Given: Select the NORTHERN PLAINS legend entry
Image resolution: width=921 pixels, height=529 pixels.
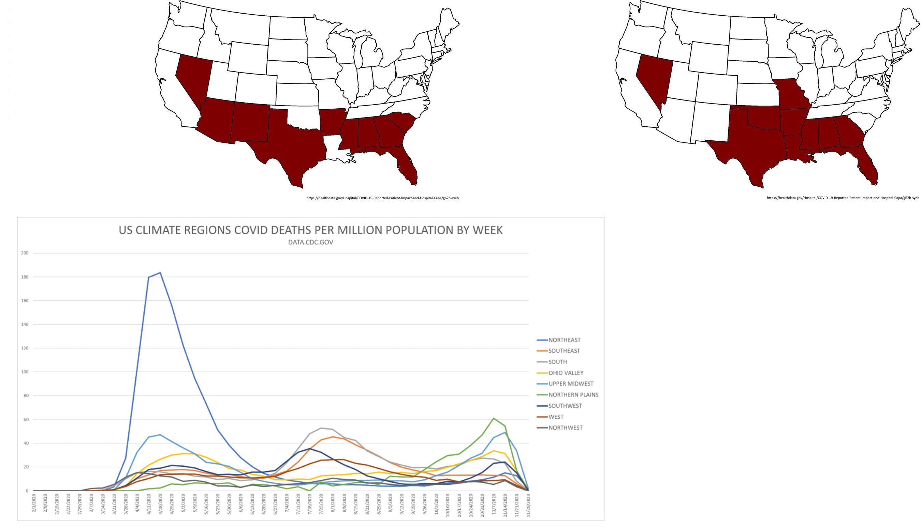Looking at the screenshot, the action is tap(568, 394).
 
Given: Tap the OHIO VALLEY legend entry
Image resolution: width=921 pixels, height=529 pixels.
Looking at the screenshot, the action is tap(560, 373).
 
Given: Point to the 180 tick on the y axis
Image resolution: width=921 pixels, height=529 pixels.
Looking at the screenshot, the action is tap(25, 277).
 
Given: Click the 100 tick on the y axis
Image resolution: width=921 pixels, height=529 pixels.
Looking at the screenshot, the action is tap(25, 372).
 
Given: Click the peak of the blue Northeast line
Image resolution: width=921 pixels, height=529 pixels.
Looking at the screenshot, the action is tap(160, 273).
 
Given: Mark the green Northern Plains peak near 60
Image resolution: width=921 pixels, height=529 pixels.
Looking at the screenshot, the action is tap(494, 418).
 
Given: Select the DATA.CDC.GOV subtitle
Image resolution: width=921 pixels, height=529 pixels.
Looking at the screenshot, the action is tap(311, 242).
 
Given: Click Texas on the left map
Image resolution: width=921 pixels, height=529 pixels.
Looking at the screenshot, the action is tap(291, 145).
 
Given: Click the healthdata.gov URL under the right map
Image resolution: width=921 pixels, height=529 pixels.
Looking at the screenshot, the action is tap(843, 198).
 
